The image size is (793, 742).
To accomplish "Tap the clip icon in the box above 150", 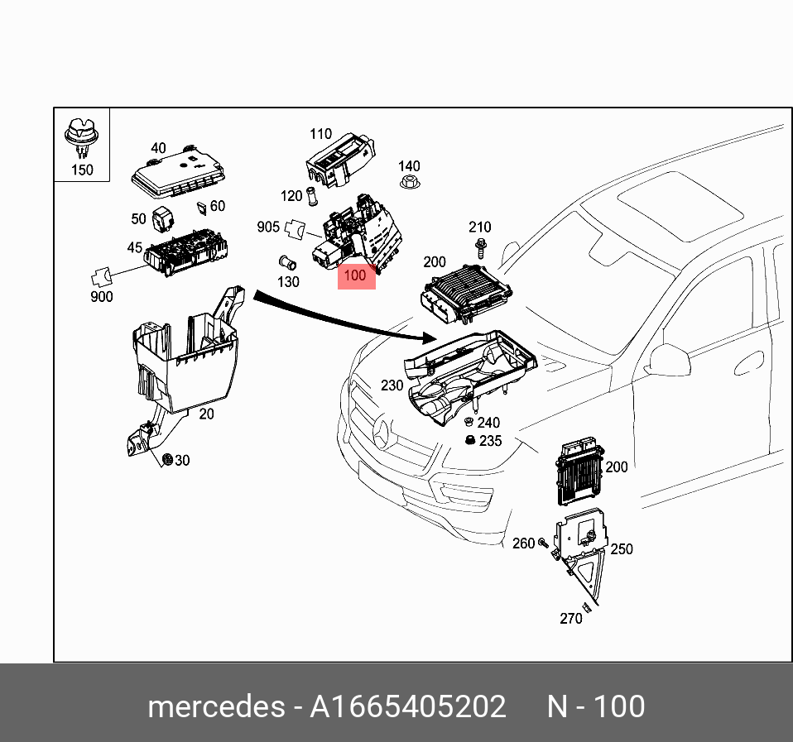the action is coord(81,137).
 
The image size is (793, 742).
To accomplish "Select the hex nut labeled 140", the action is coord(408,186).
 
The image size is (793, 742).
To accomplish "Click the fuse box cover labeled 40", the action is coord(178,174).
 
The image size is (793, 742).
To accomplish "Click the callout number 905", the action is coord(268,227).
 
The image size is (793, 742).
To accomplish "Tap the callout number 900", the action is coord(101,297).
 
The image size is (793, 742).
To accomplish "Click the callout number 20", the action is coord(206,414).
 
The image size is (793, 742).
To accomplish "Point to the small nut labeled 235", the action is coord(469,440).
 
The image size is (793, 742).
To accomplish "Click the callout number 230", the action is coord(392,385).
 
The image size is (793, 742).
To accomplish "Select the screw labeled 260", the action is coord(543,543).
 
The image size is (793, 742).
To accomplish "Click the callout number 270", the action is coord(570,618).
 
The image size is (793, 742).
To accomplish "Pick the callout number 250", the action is coord(621,548).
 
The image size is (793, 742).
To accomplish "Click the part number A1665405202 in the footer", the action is coord(407,706).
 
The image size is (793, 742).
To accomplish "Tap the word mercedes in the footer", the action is coord(214,706).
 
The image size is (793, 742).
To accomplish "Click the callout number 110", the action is coord(320,134).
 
